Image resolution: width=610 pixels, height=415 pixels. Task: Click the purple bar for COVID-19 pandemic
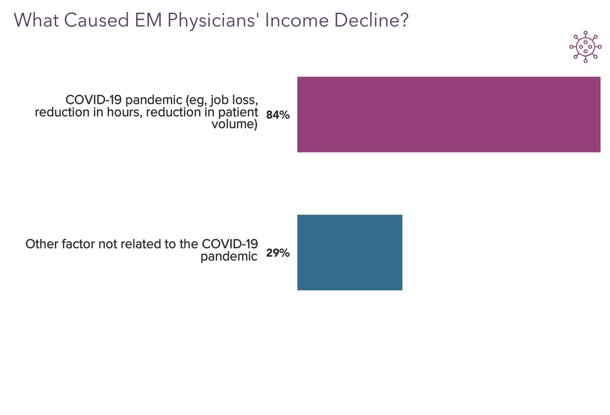click(x=448, y=114)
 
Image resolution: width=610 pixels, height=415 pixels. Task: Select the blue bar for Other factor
click(x=349, y=252)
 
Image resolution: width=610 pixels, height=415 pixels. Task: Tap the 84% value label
click(x=278, y=115)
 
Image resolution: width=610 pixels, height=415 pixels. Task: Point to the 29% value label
click(x=278, y=253)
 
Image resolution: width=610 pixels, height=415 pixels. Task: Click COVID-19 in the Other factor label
click(x=230, y=244)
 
